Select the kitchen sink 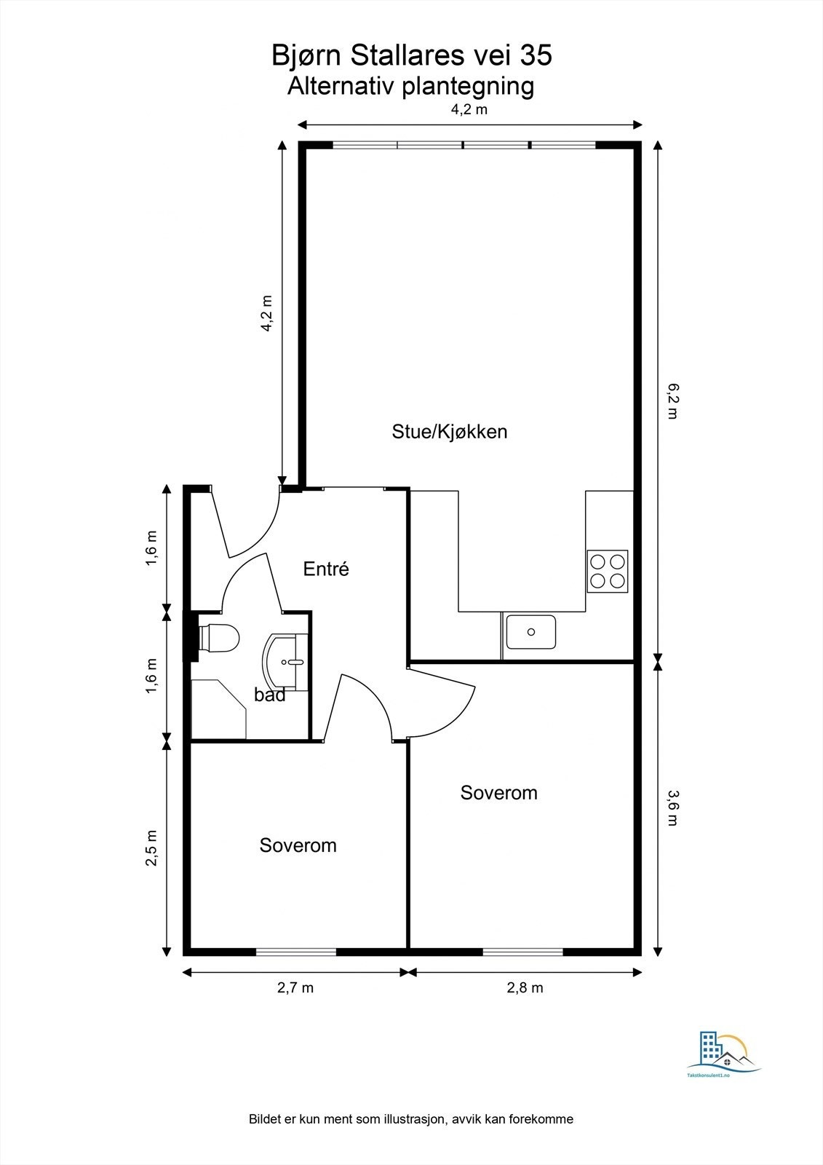click(531, 632)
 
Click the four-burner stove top click(608, 571)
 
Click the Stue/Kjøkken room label click(449, 432)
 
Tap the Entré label click(326, 569)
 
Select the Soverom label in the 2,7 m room click(298, 845)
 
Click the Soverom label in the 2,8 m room click(498, 793)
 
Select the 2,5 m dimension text click(152, 848)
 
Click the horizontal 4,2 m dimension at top click(469, 111)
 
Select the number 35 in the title click(535, 55)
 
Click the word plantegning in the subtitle click(468, 86)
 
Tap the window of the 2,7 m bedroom click(295, 951)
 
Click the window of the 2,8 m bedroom click(522, 951)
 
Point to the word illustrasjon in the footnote click(409, 1119)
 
